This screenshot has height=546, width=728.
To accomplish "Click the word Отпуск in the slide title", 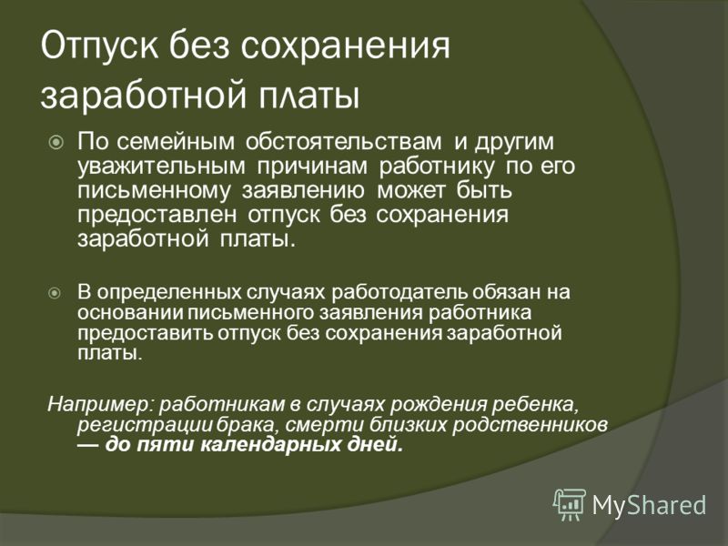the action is pos(99,46).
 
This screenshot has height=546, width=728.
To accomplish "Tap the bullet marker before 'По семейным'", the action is pos(56,142).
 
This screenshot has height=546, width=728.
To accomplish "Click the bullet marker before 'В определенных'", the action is pos(55,293).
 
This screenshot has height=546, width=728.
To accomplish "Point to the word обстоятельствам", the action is pos(343,141).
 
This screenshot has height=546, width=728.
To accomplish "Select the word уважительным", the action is pos(161,167).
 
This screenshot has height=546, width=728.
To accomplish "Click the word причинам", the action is pos(312,167).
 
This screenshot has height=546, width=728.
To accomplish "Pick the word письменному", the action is pos(153,191).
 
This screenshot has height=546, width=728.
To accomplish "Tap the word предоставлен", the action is pos(157,215).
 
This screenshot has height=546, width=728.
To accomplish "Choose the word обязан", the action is pos(505,291).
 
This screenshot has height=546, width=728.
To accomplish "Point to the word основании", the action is pos(130,312).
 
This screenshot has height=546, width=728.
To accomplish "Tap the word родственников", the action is pos(530,424).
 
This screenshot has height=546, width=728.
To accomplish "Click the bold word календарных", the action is pos(271,445).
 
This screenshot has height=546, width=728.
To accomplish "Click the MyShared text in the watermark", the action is pos(649,505).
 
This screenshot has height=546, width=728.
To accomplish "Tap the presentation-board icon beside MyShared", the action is pos(570,504).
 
